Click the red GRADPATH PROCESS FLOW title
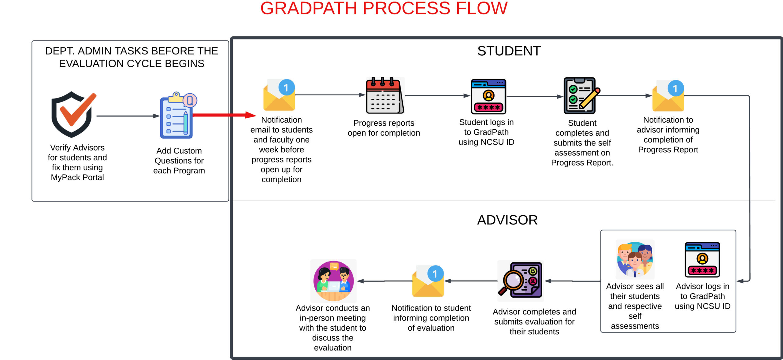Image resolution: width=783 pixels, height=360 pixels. coord(384,8)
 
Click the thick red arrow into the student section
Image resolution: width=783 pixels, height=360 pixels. coord(225,115)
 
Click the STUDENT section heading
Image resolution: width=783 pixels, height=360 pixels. coord(509,51)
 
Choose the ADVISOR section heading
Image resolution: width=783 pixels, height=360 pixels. coord(507,220)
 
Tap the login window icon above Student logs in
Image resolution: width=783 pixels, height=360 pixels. coord(488,96)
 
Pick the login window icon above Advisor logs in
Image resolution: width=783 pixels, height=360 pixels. coord(702,260)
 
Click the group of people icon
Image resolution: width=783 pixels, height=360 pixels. coord(635,260)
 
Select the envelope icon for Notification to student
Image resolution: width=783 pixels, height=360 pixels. coord(428,281)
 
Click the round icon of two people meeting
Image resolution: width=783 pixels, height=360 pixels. coord(333,281)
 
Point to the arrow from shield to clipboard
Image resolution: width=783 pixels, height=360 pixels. coord(128,116)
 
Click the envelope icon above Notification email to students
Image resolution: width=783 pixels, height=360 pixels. coord(279,95)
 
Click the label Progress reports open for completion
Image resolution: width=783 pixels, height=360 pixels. coord(384,128)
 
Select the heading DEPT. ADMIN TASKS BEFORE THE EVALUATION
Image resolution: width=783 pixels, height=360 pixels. coord(132,57)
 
